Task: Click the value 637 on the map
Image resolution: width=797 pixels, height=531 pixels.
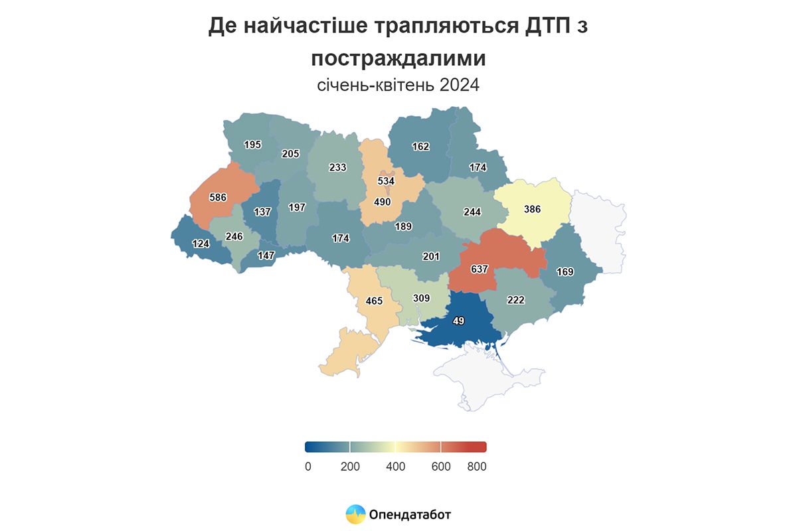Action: click(x=480, y=269)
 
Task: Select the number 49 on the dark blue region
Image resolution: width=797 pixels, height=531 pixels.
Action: click(x=458, y=321)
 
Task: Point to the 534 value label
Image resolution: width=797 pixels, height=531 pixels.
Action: click(x=386, y=181)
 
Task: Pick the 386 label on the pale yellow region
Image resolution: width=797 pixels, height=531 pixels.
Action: click(x=533, y=209)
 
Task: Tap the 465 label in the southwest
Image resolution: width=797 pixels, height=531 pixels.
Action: click(x=374, y=301)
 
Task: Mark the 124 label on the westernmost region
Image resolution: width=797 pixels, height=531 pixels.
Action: click(x=201, y=244)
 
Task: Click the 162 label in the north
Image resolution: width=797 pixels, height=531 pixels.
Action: click(x=421, y=147)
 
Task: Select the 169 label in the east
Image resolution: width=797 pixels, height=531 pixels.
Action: click(x=565, y=271)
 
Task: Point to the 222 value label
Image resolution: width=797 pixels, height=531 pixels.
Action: click(x=515, y=300)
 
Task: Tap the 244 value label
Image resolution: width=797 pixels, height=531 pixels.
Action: click(x=472, y=212)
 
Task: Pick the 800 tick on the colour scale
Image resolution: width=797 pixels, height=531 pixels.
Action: click(x=476, y=467)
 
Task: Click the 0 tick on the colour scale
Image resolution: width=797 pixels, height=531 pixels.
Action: click(x=308, y=467)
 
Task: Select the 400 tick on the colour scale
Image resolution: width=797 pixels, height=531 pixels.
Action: click(x=396, y=467)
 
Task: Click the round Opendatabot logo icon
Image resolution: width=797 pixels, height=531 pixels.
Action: click(x=355, y=514)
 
